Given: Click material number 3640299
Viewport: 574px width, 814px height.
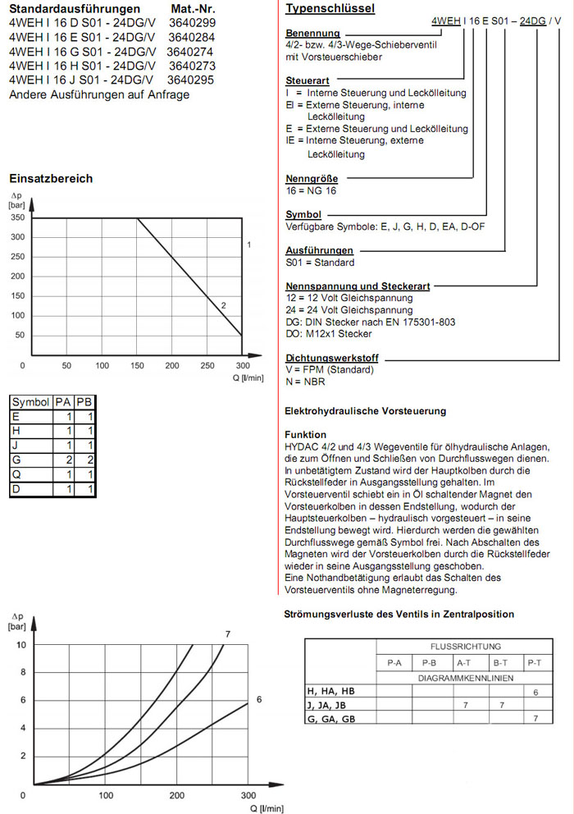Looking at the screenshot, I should (x=193, y=23).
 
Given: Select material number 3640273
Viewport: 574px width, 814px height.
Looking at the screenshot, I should (x=191, y=66).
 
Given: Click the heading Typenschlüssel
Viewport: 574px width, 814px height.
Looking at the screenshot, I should (x=330, y=9).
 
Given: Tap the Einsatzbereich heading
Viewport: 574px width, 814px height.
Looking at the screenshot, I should (x=51, y=179).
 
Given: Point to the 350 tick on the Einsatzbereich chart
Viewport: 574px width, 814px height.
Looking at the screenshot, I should (x=17, y=218).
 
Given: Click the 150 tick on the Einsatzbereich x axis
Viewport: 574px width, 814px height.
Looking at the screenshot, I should (x=137, y=365).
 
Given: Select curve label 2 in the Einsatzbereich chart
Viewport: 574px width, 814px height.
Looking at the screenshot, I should (x=223, y=305).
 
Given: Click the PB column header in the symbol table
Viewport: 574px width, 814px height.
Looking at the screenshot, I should (x=84, y=401).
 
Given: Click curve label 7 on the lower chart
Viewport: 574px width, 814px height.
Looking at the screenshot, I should (x=227, y=633).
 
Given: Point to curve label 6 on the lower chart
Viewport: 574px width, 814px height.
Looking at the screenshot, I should (x=258, y=699).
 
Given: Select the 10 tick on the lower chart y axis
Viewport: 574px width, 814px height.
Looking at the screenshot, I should (x=23, y=645).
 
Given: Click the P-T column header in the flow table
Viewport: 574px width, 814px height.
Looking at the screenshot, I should (x=535, y=662).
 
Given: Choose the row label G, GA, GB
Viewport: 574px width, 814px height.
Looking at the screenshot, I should (x=330, y=719).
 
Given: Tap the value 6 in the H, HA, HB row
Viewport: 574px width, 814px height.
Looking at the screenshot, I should (x=535, y=693).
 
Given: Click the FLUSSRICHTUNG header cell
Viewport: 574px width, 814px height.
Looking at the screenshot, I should (x=465, y=647).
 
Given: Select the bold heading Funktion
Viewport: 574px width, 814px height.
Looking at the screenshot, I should (x=305, y=435).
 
